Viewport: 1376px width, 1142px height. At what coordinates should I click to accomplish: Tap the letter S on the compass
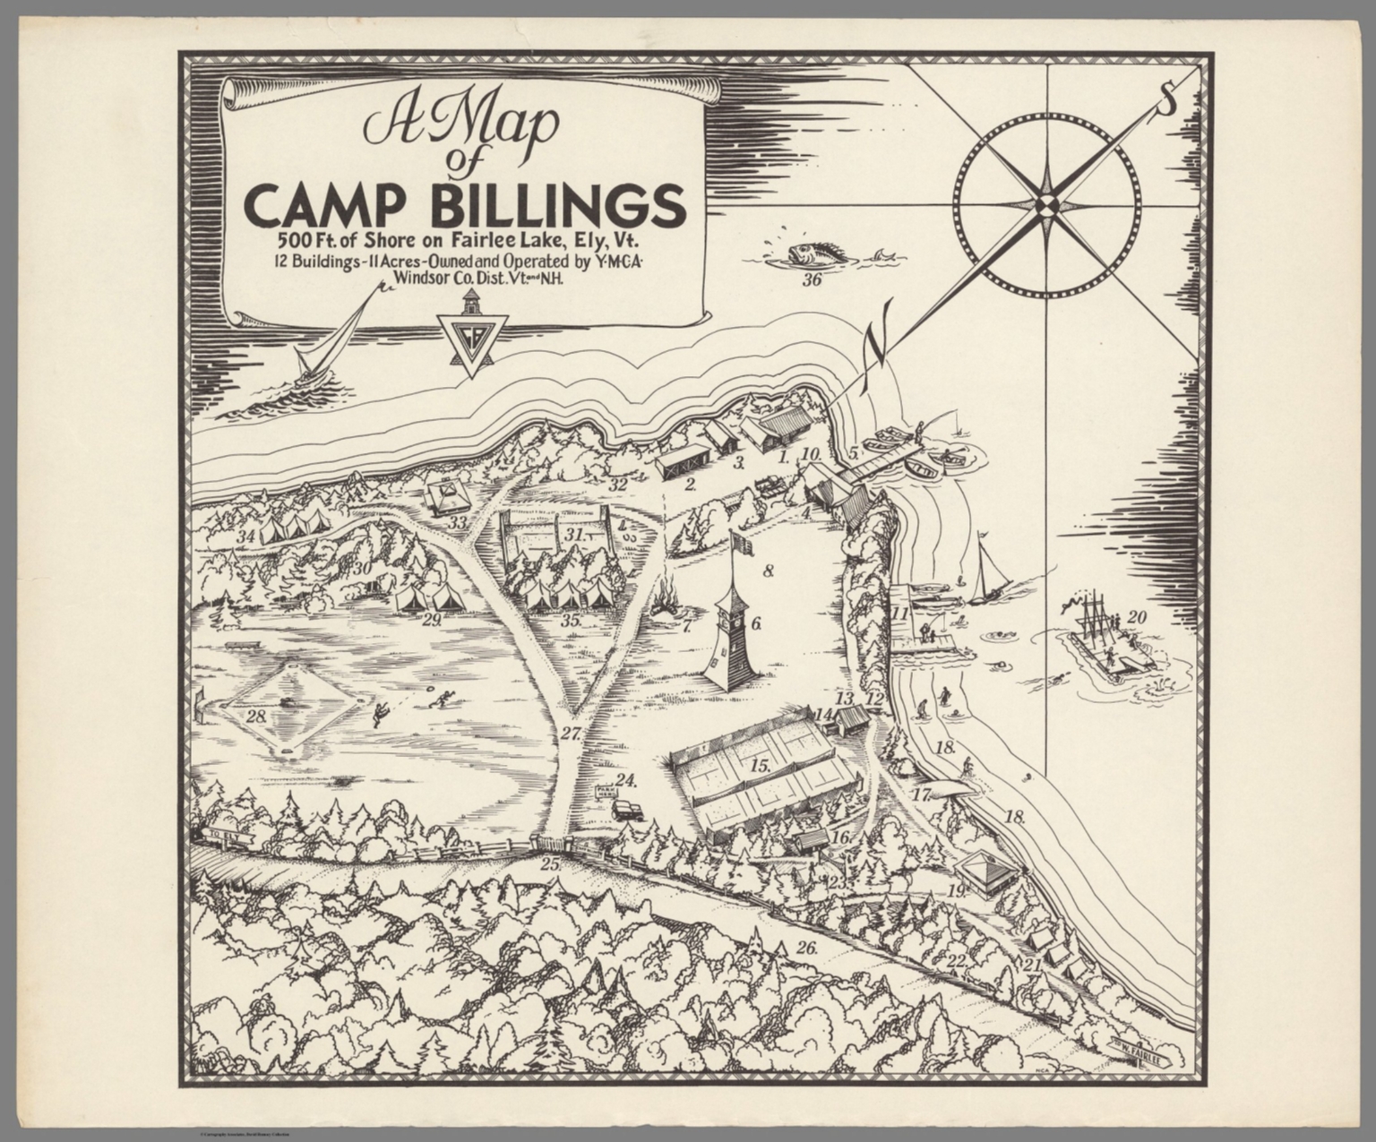pyautogui.click(x=1166, y=100)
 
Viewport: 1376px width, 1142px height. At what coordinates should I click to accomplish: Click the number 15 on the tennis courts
pyautogui.click(x=760, y=766)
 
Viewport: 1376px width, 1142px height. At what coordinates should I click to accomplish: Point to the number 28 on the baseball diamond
pyautogui.click(x=256, y=716)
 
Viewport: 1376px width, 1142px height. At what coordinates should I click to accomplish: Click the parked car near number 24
pyautogui.click(x=627, y=809)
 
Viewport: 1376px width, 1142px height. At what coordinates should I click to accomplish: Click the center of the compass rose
pyautogui.click(x=1047, y=205)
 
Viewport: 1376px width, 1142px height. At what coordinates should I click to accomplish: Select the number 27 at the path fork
pyautogui.click(x=572, y=733)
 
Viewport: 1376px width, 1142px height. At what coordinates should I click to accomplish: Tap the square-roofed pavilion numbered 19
pyautogui.click(x=986, y=870)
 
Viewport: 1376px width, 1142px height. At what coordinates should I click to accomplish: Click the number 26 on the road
pyautogui.click(x=806, y=948)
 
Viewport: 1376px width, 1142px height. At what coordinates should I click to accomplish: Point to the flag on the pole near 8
pyautogui.click(x=741, y=542)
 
